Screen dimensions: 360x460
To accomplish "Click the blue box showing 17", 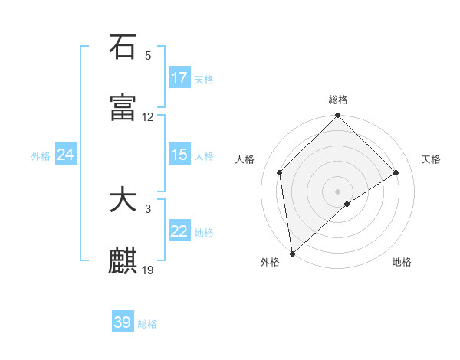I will (x=179, y=78).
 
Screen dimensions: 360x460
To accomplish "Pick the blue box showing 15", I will (x=179, y=155).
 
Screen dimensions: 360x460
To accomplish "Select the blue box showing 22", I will (x=179, y=231).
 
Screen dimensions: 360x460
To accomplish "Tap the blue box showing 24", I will (x=66, y=155).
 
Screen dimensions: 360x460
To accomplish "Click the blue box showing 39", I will (x=123, y=322).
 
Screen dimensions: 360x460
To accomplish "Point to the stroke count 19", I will (x=148, y=270).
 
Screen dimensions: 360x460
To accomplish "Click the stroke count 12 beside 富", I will (x=148, y=117).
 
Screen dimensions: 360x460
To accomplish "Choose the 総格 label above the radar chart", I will (x=338, y=100).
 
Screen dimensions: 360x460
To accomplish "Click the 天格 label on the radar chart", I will (x=431, y=159).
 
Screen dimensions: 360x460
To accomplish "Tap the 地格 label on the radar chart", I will (x=402, y=262).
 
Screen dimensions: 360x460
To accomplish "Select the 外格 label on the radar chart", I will (x=270, y=262).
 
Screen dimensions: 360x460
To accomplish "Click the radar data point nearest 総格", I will (x=338, y=116).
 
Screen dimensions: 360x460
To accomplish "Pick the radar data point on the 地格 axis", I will (x=347, y=204).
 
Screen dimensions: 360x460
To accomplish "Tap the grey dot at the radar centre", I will (x=338, y=191).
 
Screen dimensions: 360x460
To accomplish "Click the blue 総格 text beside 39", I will (x=147, y=324).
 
